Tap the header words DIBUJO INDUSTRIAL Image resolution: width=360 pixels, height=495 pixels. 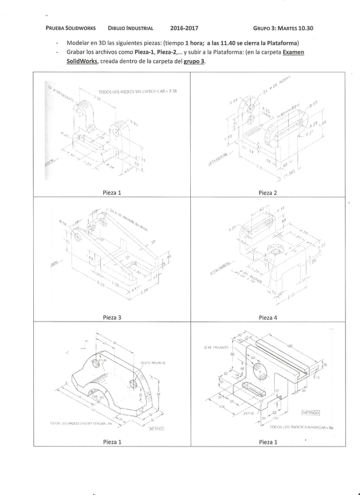click(x=131, y=27)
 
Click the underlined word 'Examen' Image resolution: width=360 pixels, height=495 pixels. click(x=293, y=52)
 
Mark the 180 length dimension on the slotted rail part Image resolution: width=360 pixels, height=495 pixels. click(x=291, y=346)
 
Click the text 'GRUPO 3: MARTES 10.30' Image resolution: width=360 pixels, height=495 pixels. click(x=283, y=27)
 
